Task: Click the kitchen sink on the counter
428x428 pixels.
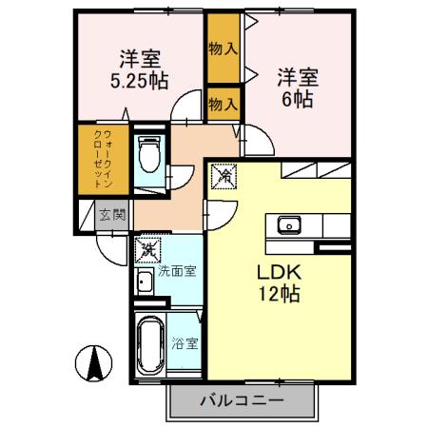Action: coord(288,225)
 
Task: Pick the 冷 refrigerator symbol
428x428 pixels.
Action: coord(225,175)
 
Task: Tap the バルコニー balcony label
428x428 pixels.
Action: coord(242,400)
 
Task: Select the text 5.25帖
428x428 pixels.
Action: coord(140,81)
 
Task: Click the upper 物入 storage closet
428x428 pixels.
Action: coord(224,47)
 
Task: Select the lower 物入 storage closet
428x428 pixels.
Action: coord(224,102)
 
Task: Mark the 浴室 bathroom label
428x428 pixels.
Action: coord(185,344)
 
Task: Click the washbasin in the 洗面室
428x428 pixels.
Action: coord(143,282)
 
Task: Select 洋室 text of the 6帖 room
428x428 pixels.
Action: coord(296,74)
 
